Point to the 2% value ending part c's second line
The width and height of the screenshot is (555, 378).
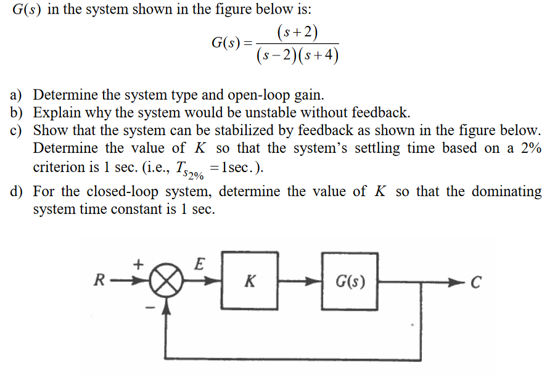point(529,149)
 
